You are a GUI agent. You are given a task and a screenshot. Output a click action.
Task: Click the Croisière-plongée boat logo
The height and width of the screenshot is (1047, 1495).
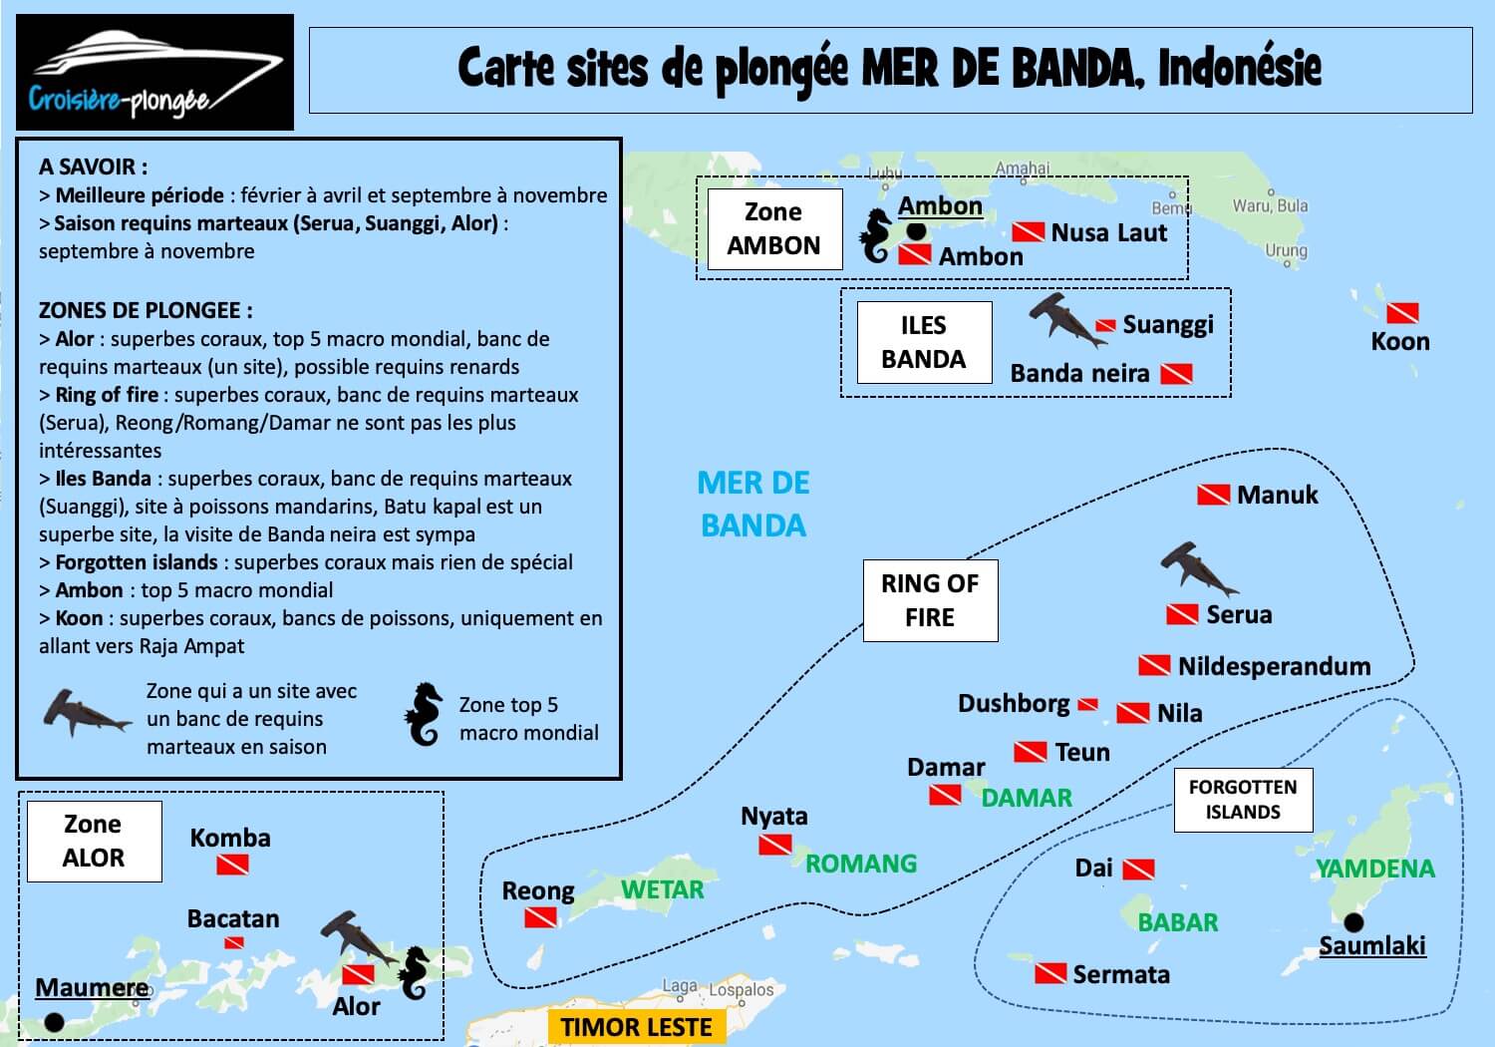(x=154, y=72)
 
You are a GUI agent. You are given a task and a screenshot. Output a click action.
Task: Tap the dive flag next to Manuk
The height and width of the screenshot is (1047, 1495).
(x=1213, y=495)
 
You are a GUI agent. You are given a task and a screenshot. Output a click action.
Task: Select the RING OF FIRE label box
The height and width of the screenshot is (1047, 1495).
(x=930, y=600)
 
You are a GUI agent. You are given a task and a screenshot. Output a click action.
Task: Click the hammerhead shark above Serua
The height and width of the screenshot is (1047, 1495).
(x=1199, y=569)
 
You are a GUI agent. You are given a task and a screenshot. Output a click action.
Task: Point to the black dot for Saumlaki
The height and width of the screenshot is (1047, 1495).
(x=1353, y=922)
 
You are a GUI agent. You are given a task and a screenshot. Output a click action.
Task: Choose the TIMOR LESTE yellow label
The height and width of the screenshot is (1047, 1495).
(x=636, y=1027)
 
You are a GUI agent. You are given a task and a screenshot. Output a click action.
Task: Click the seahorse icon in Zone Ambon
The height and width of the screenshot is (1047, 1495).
(x=876, y=235)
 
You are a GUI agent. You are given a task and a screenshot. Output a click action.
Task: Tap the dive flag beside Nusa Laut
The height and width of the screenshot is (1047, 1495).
(x=1028, y=232)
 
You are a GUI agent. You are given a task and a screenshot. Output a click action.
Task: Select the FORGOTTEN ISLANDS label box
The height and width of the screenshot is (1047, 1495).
(x=1244, y=800)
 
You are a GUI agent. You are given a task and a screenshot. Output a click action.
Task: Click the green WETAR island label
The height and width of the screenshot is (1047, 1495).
(x=662, y=889)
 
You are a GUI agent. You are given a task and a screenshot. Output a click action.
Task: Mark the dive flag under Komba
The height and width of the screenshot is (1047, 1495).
(x=232, y=865)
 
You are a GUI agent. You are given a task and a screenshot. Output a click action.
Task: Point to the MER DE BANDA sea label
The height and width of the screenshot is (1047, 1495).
(x=753, y=505)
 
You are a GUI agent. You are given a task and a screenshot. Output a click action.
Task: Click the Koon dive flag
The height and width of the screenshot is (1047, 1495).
(x=1402, y=312)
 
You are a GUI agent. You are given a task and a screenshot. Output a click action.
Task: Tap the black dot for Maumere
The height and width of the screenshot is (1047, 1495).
(x=54, y=1022)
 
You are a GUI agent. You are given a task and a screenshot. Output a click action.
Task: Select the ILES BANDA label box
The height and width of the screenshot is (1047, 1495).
(x=924, y=343)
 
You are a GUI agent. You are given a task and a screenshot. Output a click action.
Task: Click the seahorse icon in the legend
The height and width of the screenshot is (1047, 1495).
(x=424, y=714)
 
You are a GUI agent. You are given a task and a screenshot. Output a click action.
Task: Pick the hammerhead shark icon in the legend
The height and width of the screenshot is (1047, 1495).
(x=87, y=714)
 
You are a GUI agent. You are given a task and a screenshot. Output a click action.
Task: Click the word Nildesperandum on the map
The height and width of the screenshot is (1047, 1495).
(x=1274, y=666)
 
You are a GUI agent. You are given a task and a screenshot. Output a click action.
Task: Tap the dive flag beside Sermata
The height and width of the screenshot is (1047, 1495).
(x=1050, y=973)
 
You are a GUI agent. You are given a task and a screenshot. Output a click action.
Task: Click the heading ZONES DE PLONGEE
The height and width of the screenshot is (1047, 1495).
(x=146, y=310)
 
